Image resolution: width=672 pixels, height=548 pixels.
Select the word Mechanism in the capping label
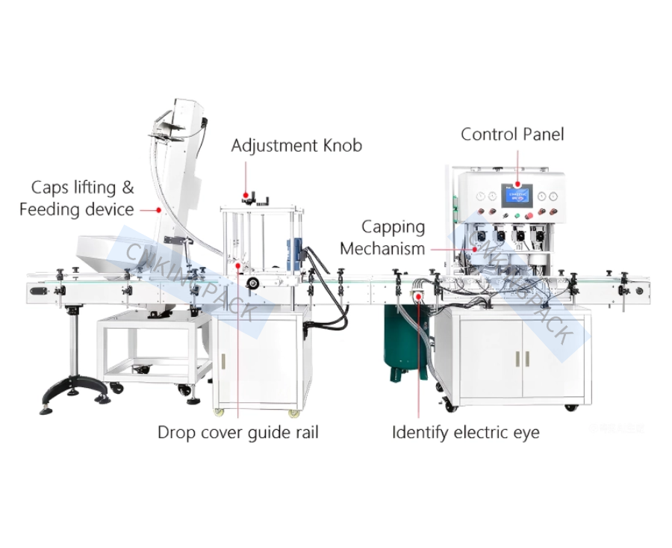(x=382, y=248)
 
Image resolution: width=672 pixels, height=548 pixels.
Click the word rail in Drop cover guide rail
(x=303, y=432)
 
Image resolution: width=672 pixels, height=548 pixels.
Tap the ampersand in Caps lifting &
(x=128, y=187)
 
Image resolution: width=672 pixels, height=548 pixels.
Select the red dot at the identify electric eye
(x=418, y=297)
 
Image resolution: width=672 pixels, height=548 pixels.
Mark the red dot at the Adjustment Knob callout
(x=247, y=196)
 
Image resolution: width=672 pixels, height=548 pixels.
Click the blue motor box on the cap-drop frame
(x=294, y=254)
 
